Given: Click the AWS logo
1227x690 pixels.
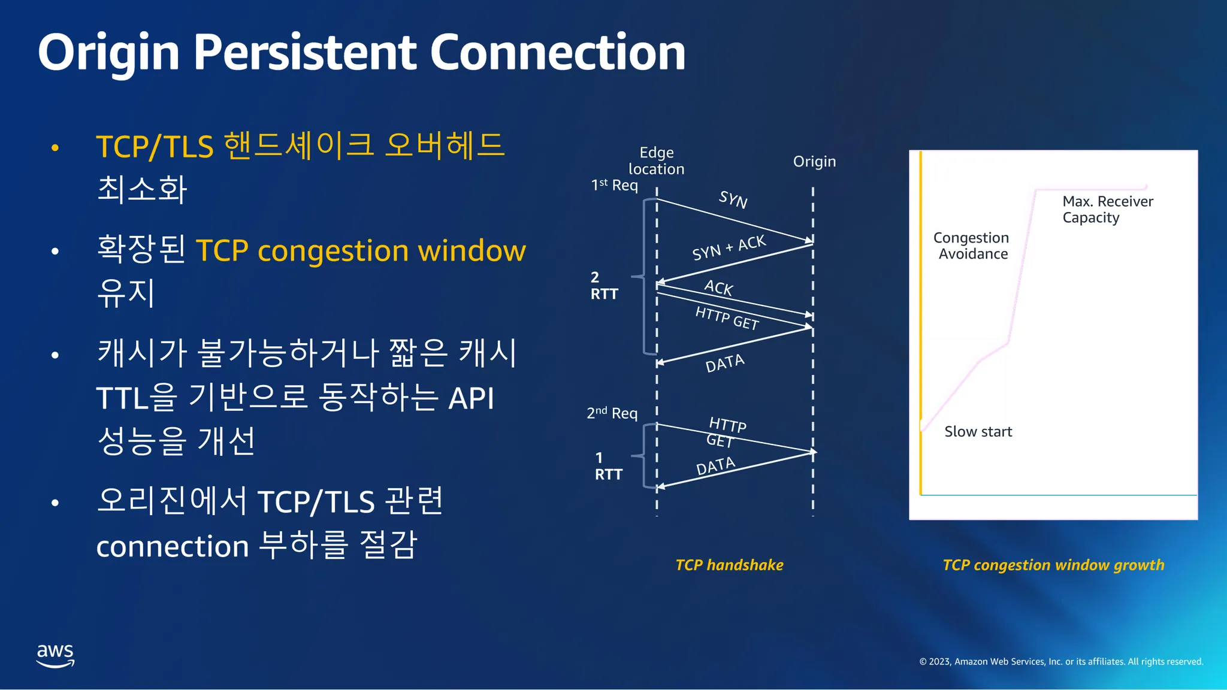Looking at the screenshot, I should [55, 655].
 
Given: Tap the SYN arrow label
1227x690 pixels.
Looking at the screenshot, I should [733, 199].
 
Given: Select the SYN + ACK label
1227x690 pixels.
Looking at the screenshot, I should [729, 247].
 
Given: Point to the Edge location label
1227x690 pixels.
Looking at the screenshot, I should [656, 161].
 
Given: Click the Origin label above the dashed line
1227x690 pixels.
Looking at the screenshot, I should [814, 161].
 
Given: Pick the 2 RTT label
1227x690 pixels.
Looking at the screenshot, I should [604, 285].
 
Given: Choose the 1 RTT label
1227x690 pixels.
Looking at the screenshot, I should [608, 466].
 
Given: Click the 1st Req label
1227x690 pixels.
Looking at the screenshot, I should [614, 185].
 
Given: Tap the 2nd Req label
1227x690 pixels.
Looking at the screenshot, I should [612, 413].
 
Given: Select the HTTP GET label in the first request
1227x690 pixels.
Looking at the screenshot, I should [727, 317].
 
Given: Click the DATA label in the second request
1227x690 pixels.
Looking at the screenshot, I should [715, 465].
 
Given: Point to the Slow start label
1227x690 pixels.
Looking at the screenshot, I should [978, 431].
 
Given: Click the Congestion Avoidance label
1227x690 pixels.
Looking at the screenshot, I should [971, 246].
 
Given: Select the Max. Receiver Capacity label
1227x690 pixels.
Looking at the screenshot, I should [1107, 209].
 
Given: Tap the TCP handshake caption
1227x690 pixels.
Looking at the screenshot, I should [729, 565].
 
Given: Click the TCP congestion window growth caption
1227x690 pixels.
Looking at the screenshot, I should [1053, 565].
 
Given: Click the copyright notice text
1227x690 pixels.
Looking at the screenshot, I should [1061, 661].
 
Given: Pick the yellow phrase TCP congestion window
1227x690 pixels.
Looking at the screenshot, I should [361, 250].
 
